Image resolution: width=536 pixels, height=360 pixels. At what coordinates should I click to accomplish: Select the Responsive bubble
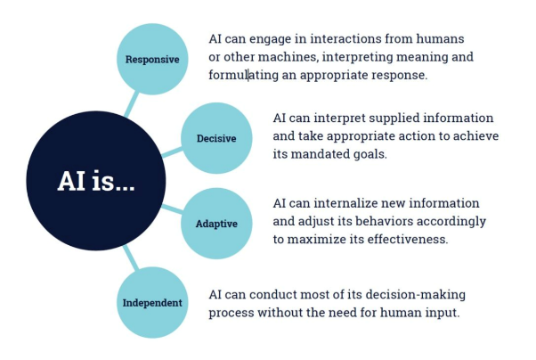(x=152, y=60)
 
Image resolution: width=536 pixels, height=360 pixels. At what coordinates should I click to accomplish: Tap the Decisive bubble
(x=216, y=139)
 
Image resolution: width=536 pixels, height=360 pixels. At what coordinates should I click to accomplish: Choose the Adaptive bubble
(x=216, y=223)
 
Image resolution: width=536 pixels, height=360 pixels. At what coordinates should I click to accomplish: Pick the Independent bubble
(x=152, y=303)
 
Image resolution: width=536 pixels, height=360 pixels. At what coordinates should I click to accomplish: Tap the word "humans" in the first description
(x=440, y=39)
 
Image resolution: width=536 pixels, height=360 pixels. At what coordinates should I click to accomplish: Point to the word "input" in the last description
(x=440, y=313)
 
